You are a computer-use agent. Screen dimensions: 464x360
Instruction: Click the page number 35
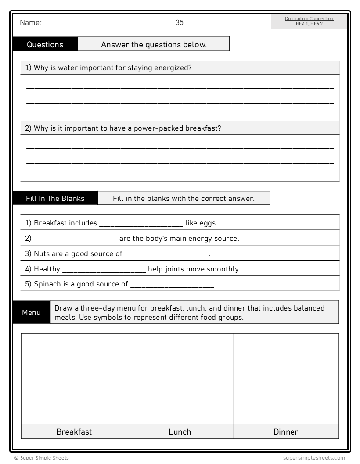pos(180,22)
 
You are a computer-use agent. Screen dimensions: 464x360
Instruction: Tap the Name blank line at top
pos(89,24)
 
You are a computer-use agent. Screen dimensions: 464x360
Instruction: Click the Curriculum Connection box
pos(309,21)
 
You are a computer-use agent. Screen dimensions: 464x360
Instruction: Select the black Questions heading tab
pos(45,44)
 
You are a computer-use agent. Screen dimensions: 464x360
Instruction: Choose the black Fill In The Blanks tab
pos(55,198)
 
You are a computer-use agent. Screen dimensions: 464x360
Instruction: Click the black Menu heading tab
pos(32,312)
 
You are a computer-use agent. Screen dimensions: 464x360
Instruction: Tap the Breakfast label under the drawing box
pos(74,432)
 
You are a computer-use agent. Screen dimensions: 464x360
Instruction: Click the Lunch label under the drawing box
pos(180,432)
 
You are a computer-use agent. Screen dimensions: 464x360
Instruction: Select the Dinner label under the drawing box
pos(286,432)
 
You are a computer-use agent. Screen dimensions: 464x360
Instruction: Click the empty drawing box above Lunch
pos(180,378)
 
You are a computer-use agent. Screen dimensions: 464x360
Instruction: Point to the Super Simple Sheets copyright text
pos(41,458)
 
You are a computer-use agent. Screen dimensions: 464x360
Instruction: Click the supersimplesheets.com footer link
pos(314,458)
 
